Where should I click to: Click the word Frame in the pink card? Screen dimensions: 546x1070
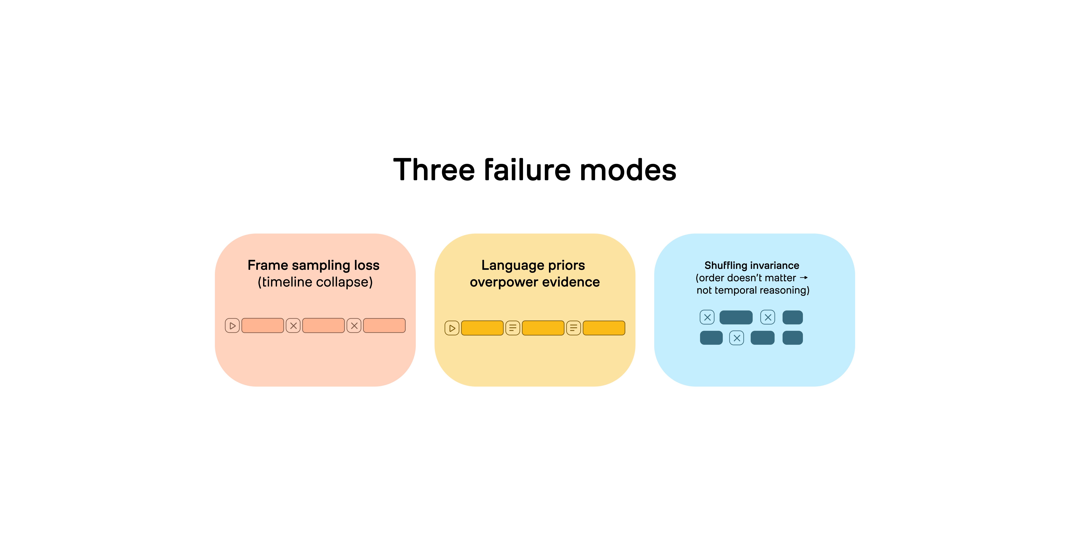(x=268, y=265)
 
